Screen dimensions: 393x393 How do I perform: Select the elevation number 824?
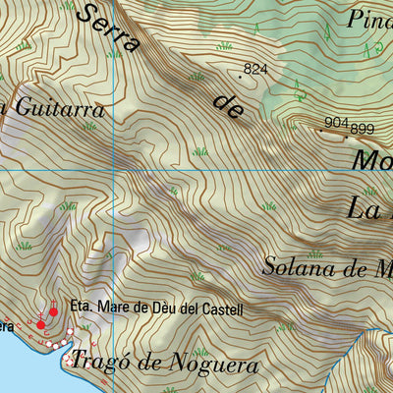(x=255, y=69)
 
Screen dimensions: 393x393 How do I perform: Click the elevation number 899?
(x=363, y=128)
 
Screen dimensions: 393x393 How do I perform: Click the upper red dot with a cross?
(x=53, y=311)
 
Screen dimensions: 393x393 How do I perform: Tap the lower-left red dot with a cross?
(x=40, y=323)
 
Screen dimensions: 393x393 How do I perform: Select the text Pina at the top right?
(x=369, y=19)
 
